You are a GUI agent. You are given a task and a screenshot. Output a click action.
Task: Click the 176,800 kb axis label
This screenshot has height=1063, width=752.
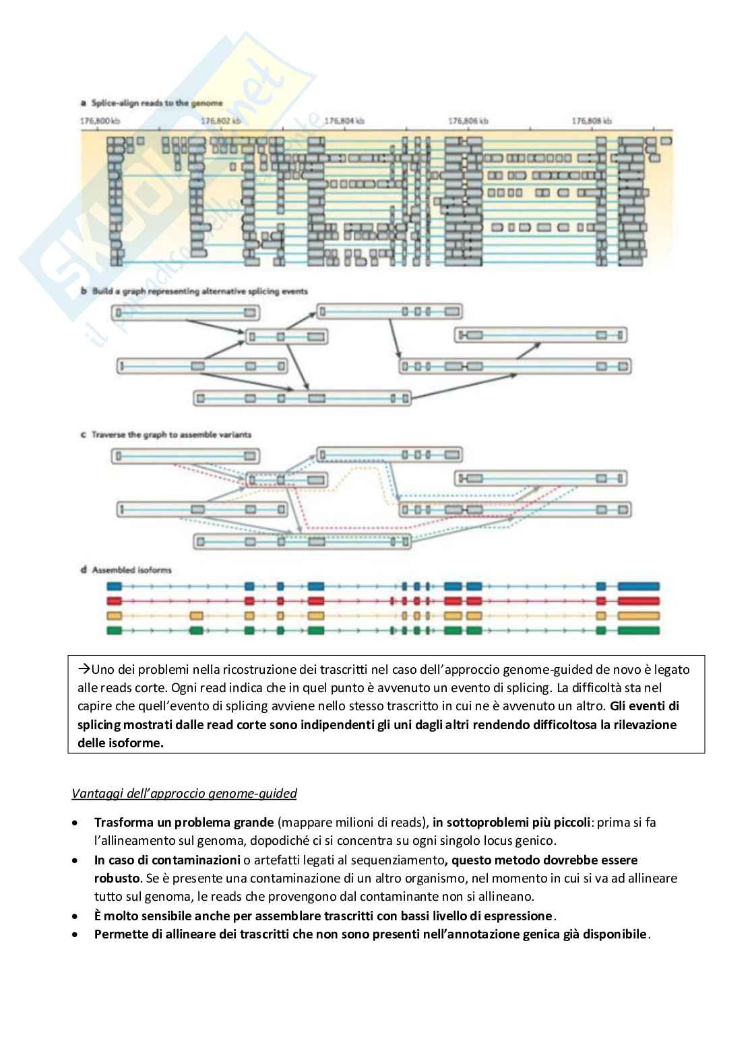[100, 121]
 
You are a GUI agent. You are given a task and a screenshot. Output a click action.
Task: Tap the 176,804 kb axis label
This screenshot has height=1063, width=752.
[344, 121]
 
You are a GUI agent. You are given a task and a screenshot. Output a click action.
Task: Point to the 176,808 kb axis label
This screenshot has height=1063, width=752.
[592, 121]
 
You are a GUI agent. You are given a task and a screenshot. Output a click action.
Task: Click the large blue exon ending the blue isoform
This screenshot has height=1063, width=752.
[638, 586]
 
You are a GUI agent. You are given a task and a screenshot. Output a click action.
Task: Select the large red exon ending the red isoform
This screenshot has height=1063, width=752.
[638, 601]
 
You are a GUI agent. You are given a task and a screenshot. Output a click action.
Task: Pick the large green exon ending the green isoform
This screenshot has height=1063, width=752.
[638, 630]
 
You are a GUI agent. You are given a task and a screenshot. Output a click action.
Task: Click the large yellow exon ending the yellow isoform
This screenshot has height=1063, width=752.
[638, 616]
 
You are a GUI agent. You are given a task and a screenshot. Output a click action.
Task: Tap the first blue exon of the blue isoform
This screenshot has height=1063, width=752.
[114, 586]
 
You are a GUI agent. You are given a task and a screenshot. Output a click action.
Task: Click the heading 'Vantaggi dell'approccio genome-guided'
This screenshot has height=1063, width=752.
[184, 794]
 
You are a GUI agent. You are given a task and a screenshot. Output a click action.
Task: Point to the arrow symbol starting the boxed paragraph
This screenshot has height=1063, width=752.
[84, 669]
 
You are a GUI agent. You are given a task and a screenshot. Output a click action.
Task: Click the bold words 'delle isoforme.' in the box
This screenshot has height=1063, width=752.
[121, 743]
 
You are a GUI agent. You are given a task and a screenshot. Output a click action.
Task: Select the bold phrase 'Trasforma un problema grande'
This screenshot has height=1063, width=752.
[184, 822]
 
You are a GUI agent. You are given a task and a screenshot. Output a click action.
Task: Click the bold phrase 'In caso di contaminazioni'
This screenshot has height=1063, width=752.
[167, 860]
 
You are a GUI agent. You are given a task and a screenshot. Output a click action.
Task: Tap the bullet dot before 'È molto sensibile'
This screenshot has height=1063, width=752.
[75, 916]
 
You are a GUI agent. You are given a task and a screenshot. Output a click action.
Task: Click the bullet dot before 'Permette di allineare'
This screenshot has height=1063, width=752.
[75, 934]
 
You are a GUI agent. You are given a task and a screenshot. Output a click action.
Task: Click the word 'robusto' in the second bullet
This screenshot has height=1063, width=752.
[117, 878]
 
